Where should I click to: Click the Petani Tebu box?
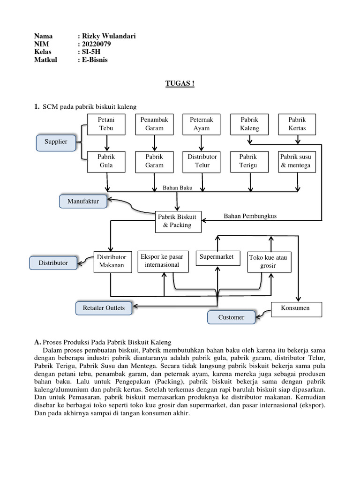(106, 124)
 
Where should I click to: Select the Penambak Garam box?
(154, 124)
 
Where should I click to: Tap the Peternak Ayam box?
(202, 124)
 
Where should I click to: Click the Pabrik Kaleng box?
(249, 124)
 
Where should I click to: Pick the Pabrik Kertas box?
(297, 124)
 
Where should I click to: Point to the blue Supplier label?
(56, 142)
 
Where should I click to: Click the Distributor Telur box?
(202, 162)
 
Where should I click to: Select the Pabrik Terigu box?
(249, 162)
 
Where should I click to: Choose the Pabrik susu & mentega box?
(297, 162)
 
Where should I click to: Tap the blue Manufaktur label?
(83, 202)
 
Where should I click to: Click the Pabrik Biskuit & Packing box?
(178, 222)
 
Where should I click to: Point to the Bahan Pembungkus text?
(250, 216)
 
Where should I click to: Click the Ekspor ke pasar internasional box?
(163, 262)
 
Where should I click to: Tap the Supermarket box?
(217, 258)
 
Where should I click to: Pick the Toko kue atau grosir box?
(270, 262)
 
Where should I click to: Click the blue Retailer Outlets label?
(104, 308)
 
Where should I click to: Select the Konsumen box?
(296, 309)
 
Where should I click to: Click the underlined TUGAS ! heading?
(180, 83)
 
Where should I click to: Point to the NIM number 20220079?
(97, 44)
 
